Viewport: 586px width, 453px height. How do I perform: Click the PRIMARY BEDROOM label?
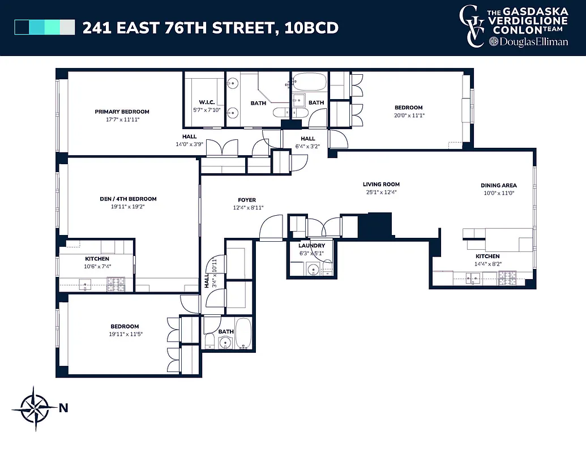(x=122, y=112)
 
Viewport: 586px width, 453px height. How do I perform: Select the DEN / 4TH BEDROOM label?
(x=124, y=199)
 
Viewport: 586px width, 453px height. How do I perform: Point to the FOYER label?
(x=247, y=200)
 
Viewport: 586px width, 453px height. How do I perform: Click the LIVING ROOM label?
(x=381, y=184)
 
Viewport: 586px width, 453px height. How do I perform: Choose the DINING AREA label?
(x=498, y=185)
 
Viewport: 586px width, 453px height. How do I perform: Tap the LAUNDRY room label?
(x=311, y=246)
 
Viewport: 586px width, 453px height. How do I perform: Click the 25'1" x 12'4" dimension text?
(x=381, y=192)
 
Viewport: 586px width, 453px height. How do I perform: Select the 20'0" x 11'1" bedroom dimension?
(x=408, y=115)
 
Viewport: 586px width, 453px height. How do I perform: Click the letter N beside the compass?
(x=63, y=408)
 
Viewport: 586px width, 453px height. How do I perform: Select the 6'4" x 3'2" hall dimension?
(x=307, y=146)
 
